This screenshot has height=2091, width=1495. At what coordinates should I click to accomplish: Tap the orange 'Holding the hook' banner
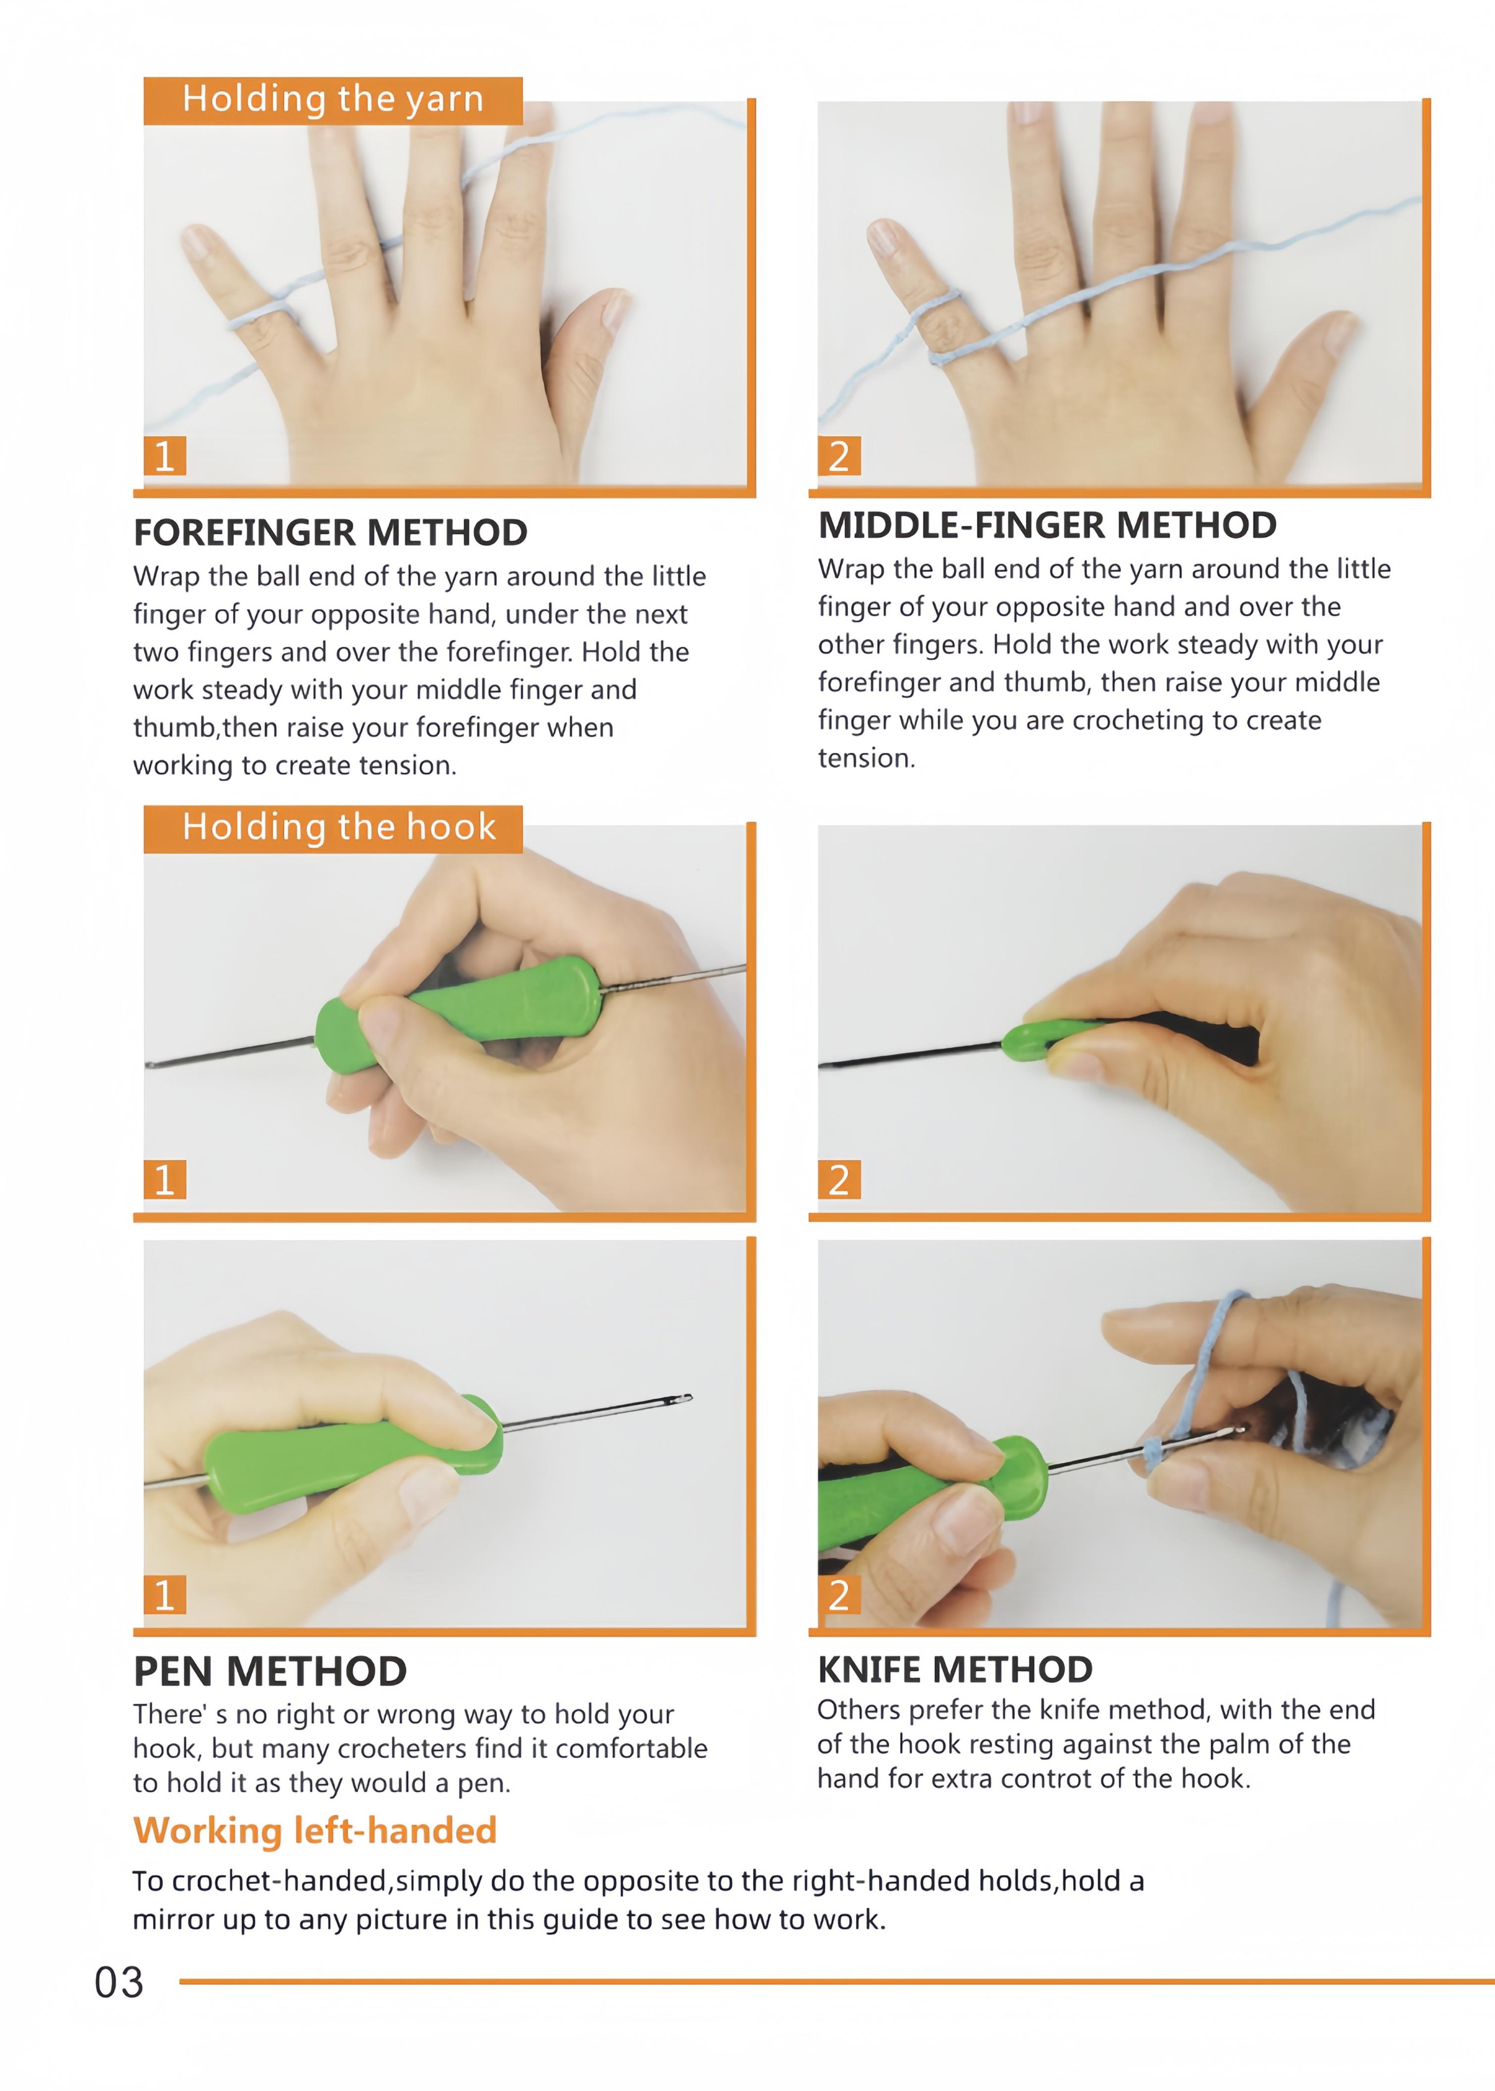(x=332, y=828)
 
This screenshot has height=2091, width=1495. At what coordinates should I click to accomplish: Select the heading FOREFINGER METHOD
(x=330, y=532)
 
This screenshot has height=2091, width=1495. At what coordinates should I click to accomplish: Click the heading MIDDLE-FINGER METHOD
(x=1047, y=526)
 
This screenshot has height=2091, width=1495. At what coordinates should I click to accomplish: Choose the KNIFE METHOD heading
(x=955, y=1669)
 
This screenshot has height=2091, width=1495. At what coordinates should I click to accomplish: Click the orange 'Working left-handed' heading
(x=315, y=1831)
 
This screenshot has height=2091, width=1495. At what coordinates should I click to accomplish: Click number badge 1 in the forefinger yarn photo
(x=165, y=455)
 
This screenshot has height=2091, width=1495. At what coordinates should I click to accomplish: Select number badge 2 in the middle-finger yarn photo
(x=839, y=455)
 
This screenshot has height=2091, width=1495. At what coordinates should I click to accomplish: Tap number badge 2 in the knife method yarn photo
(x=839, y=1595)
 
